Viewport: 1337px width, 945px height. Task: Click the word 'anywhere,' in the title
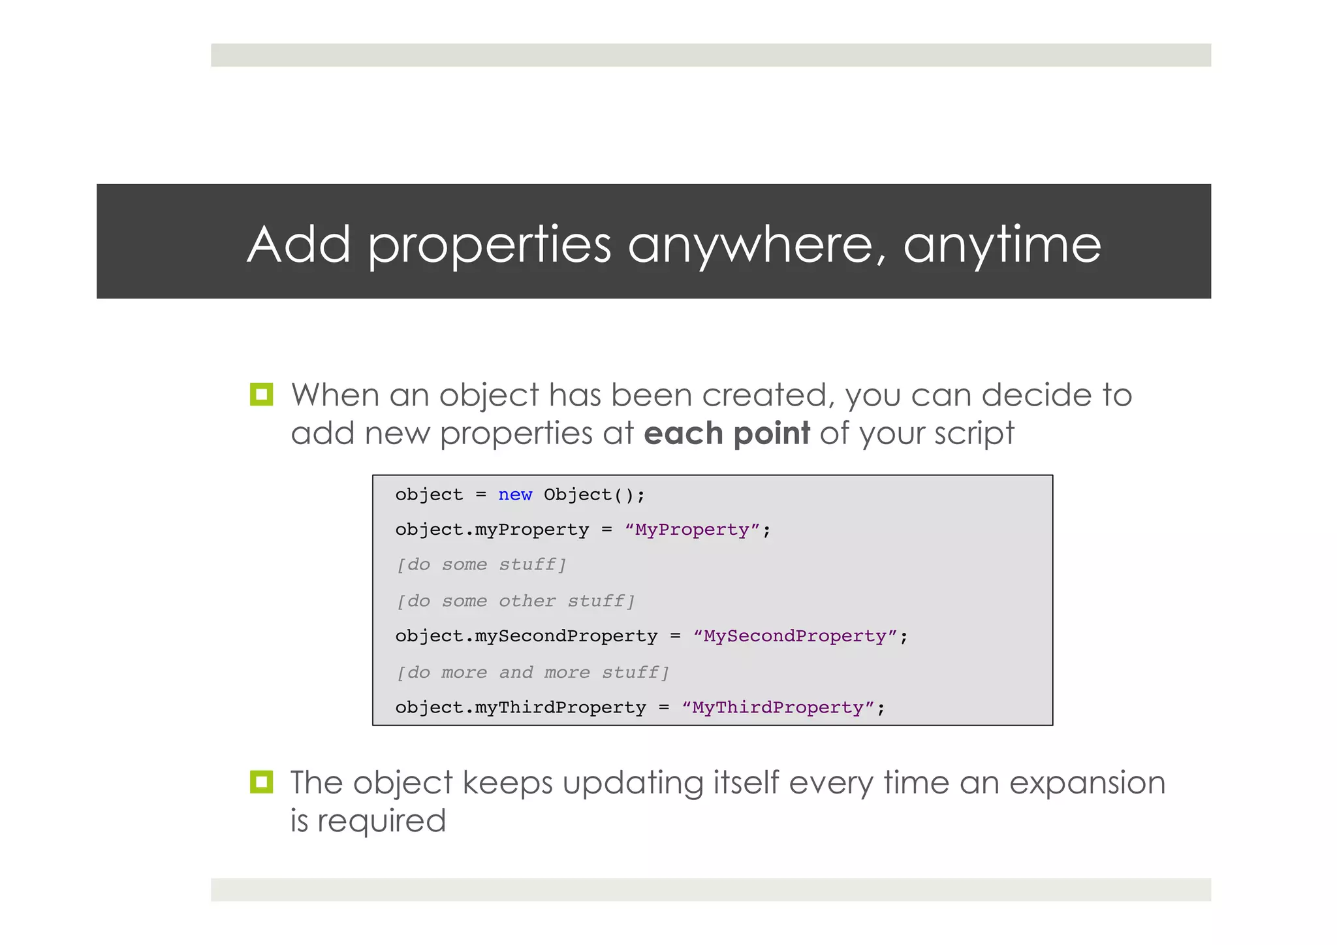point(757,245)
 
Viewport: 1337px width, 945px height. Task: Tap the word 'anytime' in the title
point(1002,245)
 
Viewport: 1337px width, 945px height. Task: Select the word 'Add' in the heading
point(299,245)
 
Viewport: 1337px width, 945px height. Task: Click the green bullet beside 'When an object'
point(261,394)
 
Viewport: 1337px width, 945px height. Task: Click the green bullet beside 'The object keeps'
point(261,782)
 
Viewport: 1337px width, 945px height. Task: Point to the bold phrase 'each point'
point(727,434)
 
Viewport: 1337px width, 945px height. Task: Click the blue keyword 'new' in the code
point(515,495)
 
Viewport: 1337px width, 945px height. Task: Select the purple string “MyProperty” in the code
point(692,530)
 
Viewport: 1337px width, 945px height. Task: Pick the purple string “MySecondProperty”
point(795,636)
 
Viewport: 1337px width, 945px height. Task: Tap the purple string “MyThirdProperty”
point(778,708)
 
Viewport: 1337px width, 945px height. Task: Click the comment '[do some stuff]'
point(481,565)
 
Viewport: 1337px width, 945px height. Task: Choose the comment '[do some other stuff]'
point(516,601)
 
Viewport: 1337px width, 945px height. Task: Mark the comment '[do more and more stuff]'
point(533,673)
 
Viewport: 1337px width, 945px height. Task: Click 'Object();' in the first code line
point(594,495)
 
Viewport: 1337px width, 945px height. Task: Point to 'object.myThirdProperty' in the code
point(520,708)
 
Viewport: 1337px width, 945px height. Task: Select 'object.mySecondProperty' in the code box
point(526,636)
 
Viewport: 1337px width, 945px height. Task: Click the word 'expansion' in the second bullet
point(1087,783)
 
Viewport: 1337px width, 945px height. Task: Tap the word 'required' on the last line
point(381,821)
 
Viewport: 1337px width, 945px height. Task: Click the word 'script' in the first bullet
point(974,434)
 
